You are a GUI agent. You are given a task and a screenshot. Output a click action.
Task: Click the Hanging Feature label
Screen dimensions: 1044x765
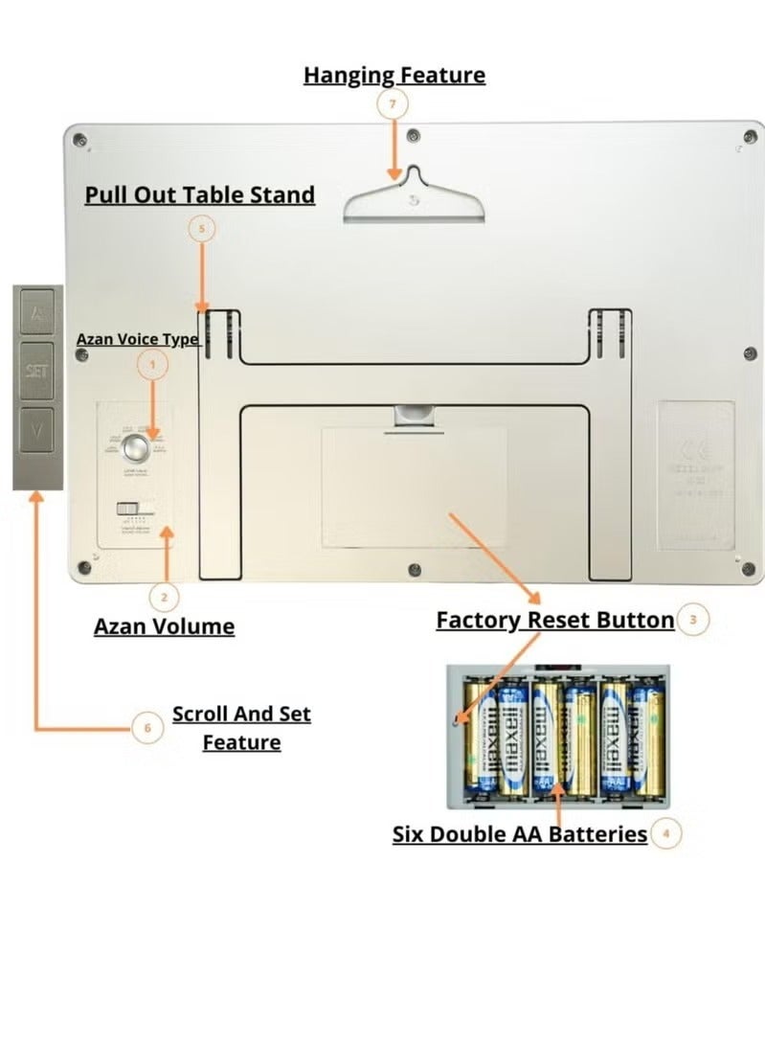(x=394, y=75)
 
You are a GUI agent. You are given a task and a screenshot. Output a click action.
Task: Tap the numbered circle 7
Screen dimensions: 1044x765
(x=392, y=104)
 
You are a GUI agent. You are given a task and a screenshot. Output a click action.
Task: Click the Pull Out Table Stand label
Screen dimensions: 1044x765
(x=199, y=194)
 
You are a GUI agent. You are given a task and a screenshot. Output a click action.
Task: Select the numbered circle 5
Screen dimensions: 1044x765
(x=201, y=229)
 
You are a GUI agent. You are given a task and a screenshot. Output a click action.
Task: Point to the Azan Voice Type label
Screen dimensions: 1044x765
(x=138, y=339)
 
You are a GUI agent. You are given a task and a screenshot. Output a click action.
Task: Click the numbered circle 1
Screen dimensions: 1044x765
(x=152, y=364)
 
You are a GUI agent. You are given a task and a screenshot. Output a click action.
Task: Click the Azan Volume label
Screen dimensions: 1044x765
(x=164, y=626)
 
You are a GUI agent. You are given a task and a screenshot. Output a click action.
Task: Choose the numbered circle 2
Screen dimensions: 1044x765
(x=164, y=598)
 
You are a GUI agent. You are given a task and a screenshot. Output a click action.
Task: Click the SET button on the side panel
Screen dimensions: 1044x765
(x=37, y=370)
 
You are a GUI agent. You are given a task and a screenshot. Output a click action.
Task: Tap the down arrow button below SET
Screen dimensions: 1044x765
(x=37, y=430)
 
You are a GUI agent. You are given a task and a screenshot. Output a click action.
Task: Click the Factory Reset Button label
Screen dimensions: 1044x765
(x=554, y=620)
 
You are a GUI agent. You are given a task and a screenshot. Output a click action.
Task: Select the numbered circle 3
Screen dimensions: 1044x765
(x=692, y=620)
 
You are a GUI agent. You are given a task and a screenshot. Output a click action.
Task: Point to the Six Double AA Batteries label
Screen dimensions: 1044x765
(x=520, y=833)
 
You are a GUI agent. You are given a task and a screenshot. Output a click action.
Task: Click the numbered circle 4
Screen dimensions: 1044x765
(x=665, y=833)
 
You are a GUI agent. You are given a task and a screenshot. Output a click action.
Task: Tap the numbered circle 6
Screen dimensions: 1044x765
(x=146, y=728)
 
